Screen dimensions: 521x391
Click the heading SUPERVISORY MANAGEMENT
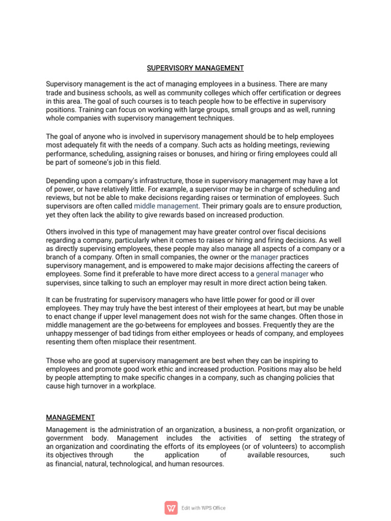tap(195, 68)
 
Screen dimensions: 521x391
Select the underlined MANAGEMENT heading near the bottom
tap(70, 417)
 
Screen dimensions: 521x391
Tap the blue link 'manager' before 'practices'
tap(264, 257)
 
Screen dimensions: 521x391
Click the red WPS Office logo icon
tap(171, 508)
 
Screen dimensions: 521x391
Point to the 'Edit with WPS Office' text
tap(203, 508)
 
